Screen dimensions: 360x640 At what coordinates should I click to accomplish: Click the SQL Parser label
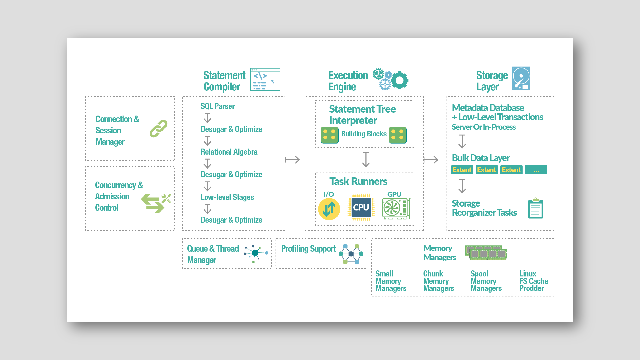click(217, 106)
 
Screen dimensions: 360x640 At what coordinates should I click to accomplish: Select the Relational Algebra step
click(229, 152)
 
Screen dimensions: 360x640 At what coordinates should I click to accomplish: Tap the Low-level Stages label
click(227, 197)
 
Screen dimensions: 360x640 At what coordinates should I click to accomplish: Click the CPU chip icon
click(361, 207)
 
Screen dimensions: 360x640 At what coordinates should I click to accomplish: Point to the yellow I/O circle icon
click(329, 209)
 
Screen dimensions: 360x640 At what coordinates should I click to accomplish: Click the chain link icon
click(158, 129)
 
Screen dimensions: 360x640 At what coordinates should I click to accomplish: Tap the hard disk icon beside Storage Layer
click(521, 79)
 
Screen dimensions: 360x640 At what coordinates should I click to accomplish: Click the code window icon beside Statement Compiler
click(265, 80)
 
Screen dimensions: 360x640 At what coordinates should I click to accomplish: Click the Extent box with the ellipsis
click(536, 170)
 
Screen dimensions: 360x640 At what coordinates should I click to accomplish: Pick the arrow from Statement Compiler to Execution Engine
click(292, 160)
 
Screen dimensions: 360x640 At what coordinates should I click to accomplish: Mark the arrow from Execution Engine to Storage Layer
click(431, 160)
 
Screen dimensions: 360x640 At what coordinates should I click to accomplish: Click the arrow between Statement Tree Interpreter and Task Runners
click(366, 160)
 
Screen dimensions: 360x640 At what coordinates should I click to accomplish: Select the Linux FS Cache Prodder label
click(533, 281)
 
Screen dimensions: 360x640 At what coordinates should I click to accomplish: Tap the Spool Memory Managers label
click(486, 281)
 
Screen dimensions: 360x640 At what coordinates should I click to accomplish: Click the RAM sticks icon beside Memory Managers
click(486, 253)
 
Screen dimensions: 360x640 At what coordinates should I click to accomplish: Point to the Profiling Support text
click(308, 249)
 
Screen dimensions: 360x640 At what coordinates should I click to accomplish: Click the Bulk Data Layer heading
click(480, 158)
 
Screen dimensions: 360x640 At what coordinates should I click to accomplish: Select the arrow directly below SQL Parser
click(207, 118)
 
